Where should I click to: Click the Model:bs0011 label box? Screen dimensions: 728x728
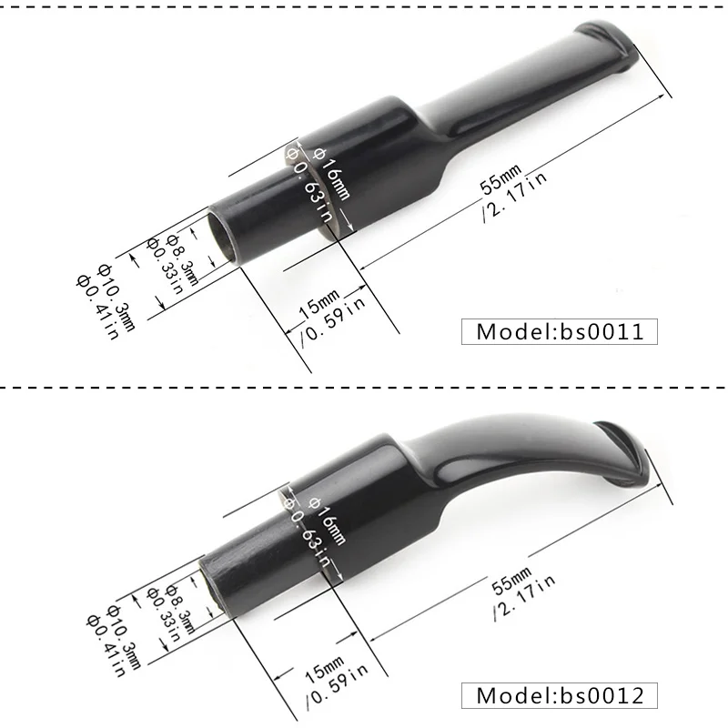pos(560,331)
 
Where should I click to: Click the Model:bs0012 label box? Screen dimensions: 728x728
pos(560,695)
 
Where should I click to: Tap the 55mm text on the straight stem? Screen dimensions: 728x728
pos(500,178)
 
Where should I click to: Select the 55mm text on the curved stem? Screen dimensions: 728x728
pos(511,581)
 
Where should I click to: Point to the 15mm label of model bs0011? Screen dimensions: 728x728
pos(319,304)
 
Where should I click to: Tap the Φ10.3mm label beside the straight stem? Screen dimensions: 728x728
pos(116,298)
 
